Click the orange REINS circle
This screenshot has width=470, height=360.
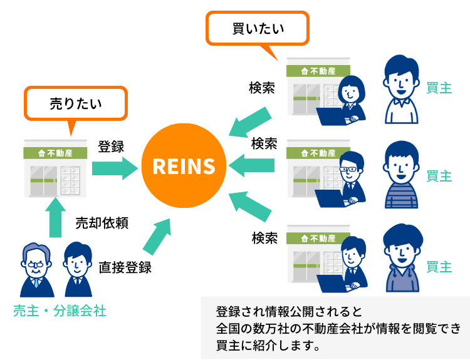click(184, 167)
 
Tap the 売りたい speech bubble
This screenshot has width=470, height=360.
click(75, 104)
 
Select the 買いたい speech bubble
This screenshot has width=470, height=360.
click(258, 29)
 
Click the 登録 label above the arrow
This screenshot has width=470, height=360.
click(111, 147)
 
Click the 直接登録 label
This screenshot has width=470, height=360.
click(125, 267)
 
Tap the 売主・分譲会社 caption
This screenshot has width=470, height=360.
click(60, 311)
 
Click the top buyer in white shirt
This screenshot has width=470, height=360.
click(401, 88)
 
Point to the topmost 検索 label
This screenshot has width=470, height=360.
click(262, 88)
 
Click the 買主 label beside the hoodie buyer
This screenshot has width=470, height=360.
click(439, 267)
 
